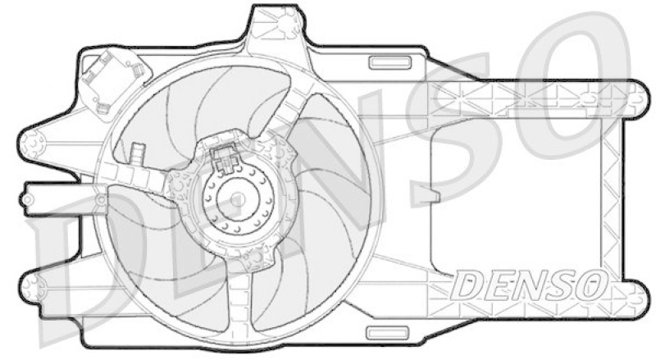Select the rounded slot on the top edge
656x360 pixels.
tap(383, 62)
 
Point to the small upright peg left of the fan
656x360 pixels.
tap(136, 153)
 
